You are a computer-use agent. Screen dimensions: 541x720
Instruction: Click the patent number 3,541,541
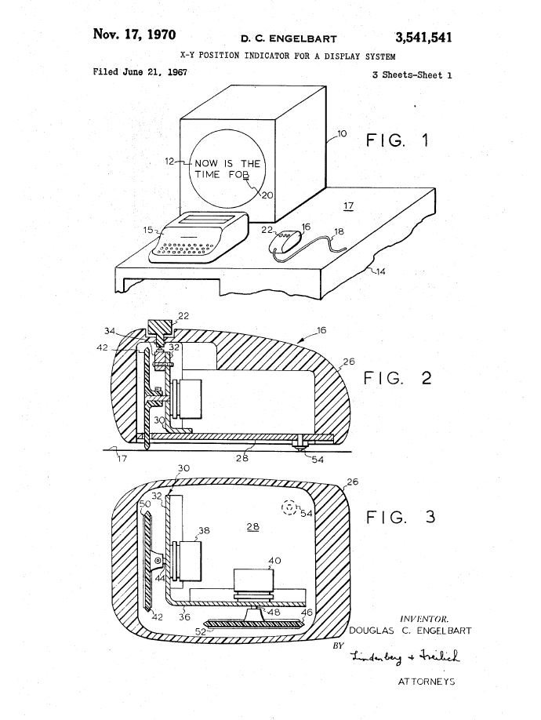coord(423,38)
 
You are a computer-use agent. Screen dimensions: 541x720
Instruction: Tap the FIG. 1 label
coord(397,140)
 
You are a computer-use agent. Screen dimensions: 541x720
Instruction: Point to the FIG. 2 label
coord(398,378)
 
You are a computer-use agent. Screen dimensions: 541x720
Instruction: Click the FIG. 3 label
coord(400,518)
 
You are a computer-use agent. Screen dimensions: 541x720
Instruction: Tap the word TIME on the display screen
coord(207,174)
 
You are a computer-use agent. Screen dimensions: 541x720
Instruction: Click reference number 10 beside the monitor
coord(343,133)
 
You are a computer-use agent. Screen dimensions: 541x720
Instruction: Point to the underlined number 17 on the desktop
coord(349,205)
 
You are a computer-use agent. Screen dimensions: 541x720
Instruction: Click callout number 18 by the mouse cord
coord(339,231)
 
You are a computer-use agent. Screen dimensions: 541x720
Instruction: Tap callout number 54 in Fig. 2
coord(318,459)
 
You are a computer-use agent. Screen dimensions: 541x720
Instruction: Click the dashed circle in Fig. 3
coord(289,507)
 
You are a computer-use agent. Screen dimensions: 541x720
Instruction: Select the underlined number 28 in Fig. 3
coord(252,527)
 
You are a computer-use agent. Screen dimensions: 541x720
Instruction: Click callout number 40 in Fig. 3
coord(275,561)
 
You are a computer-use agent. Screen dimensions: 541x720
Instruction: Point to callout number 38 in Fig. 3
coord(204,530)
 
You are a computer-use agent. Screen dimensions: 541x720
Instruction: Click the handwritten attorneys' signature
coord(405,656)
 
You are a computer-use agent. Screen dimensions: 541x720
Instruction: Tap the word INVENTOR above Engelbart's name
coord(424,619)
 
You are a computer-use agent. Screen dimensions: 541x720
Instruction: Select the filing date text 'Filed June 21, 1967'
coord(140,71)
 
